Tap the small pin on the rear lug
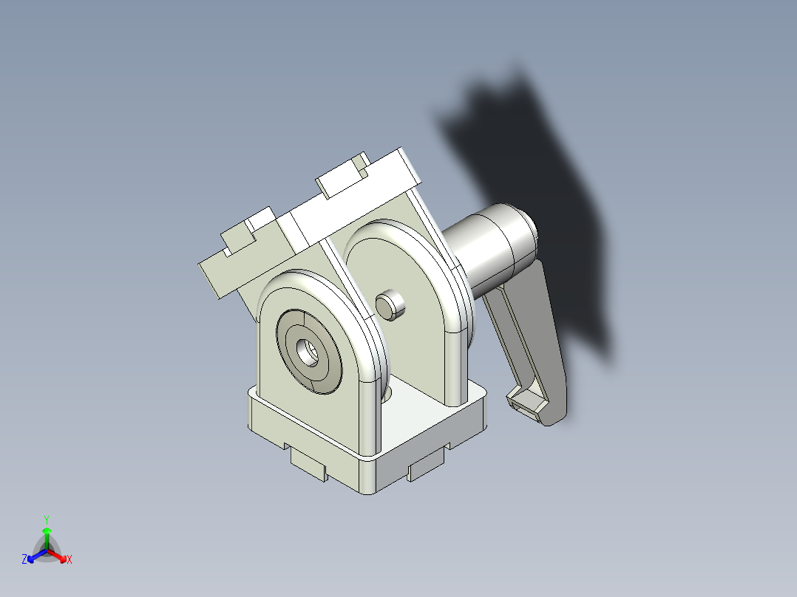click(x=390, y=304)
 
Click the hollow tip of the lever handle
click(x=526, y=405)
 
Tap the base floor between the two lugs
click(x=414, y=414)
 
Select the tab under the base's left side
click(x=309, y=465)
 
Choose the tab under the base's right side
click(x=427, y=465)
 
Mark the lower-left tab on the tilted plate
click(x=238, y=239)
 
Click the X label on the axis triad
click(x=69, y=560)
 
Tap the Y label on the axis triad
click(x=47, y=519)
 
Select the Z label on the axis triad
click(x=24, y=559)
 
